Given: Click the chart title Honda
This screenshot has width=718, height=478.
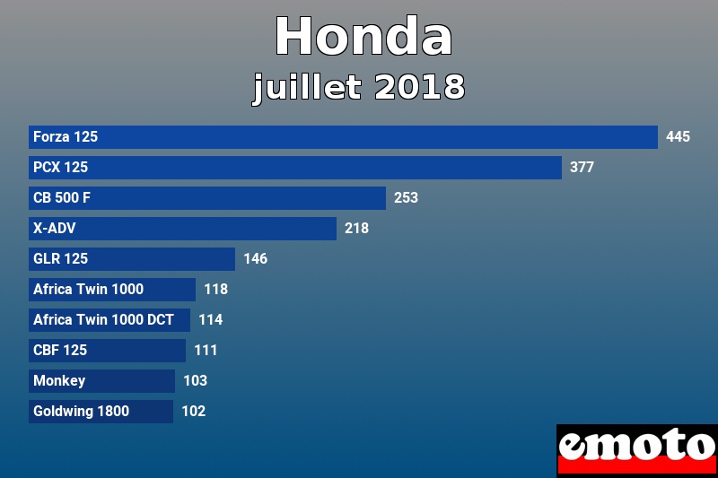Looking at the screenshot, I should click(x=363, y=38).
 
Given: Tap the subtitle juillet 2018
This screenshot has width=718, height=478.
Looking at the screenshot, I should click(x=359, y=87).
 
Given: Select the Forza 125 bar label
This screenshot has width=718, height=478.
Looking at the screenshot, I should click(x=66, y=137).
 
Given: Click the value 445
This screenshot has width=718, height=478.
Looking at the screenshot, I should click(x=678, y=137).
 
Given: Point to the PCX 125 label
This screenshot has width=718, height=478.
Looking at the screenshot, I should click(x=60, y=168).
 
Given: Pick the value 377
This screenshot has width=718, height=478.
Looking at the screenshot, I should click(x=582, y=168).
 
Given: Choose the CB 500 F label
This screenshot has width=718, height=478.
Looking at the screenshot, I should click(x=62, y=198).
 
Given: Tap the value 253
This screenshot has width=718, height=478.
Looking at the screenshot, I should click(x=406, y=198).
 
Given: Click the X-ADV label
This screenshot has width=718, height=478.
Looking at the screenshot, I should click(x=54, y=229).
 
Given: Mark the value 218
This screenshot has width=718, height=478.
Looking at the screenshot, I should click(x=356, y=229).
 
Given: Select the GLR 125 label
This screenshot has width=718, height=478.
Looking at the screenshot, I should click(x=60, y=259).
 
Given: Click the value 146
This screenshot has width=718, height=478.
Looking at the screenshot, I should click(x=255, y=259).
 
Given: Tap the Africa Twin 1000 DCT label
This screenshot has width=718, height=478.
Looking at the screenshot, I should click(x=103, y=320).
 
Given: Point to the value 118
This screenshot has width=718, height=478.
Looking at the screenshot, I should click(x=215, y=290).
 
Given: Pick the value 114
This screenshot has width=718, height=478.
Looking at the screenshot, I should click(x=210, y=320).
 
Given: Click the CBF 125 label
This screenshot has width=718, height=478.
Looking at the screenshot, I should click(x=60, y=351).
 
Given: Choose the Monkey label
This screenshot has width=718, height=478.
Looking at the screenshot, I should click(x=59, y=381).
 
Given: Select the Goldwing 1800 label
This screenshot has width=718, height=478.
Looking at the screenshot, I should click(x=81, y=412).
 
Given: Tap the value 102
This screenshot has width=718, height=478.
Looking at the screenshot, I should click(x=193, y=412).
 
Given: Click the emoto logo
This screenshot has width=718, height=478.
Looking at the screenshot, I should click(x=636, y=449).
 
